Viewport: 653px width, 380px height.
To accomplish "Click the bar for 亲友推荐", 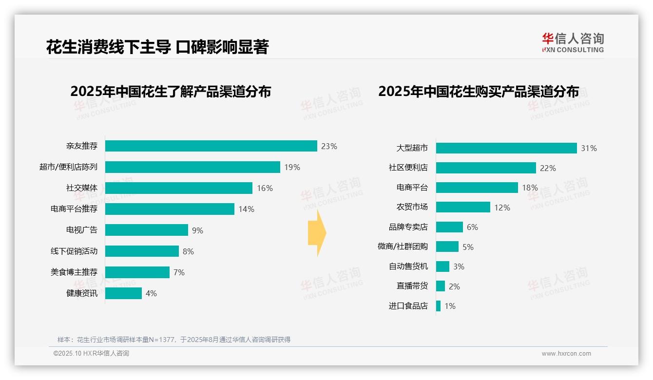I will coord(211,146).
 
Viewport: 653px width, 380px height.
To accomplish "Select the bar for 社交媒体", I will coord(179,188).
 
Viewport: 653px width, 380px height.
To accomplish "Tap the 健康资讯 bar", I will coord(123,293).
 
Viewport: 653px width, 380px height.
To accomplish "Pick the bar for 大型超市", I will coord(506,148).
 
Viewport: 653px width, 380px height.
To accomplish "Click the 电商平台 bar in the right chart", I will coord(477,188).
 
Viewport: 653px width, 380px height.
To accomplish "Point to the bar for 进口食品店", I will coord(438,306).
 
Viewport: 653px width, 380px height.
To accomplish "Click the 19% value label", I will coord(292,167).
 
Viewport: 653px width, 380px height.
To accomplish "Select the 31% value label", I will coord(589,148).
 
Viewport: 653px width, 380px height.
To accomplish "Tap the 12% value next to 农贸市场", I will coord(502,208).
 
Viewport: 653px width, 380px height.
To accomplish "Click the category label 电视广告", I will coord(82,230).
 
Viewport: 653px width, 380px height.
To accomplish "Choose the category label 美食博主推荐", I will coord(74,272).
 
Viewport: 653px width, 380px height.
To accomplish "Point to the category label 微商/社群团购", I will coord(403,247).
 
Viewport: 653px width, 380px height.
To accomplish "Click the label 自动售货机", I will coord(408,266).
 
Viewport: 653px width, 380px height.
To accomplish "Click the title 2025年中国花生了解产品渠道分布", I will coord(171,92).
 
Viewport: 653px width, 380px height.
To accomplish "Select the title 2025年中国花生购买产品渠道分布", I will coord(479,92).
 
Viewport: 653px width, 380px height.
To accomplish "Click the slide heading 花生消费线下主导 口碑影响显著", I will coord(157,47).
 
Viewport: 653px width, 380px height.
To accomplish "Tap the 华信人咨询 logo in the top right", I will coord(573,42).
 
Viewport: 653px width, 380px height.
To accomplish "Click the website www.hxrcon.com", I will coord(566,354).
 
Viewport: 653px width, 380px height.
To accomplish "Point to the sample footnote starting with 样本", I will coord(174,340).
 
